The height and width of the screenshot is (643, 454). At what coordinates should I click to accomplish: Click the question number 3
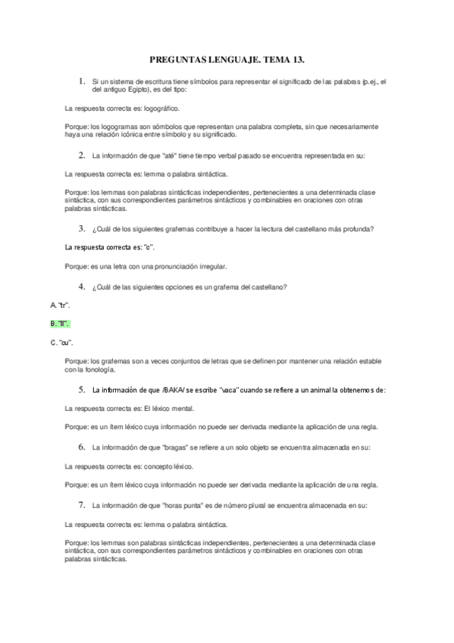80,228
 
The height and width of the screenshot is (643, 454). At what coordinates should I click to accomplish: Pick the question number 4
80,286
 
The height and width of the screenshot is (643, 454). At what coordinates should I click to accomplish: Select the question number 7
80,504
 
